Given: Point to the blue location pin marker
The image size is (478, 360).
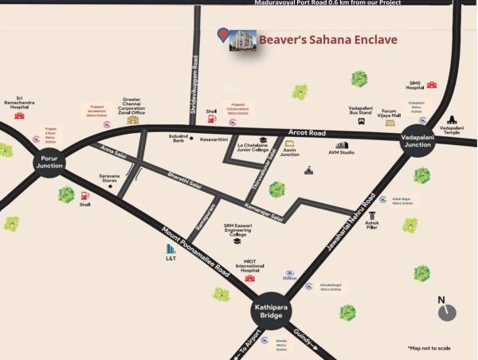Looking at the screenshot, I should [223, 34].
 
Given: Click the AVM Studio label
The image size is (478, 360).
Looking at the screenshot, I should [341, 152].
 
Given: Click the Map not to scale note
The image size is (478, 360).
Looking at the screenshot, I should [429, 348].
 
